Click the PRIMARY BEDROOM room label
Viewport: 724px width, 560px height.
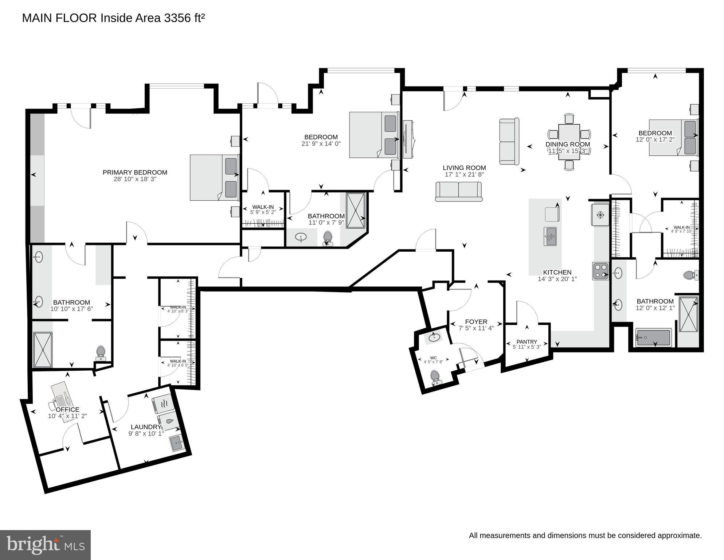tap(135, 173)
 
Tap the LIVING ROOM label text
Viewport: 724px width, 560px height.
tap(464, 168)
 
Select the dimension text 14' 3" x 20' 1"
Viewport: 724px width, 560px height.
tap(557, 279)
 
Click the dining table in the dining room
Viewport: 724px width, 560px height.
tap(569, 142)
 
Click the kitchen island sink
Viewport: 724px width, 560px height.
tap(550, 236)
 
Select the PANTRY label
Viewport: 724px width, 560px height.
tap(527, 342)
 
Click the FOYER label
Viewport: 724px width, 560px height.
tap(476, 322)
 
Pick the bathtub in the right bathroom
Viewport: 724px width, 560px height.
tap(653, 337)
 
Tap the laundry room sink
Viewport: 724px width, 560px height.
tap(177, 444)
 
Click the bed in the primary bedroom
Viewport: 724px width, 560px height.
tap(214, 177)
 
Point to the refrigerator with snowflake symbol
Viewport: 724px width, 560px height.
tap(600, 215)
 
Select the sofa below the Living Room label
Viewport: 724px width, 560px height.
tap(459, 192)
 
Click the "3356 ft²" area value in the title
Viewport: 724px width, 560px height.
tap(184, 18)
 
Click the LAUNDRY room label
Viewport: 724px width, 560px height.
tap(146, 427)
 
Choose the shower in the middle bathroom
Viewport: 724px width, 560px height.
tap(355, 211)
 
